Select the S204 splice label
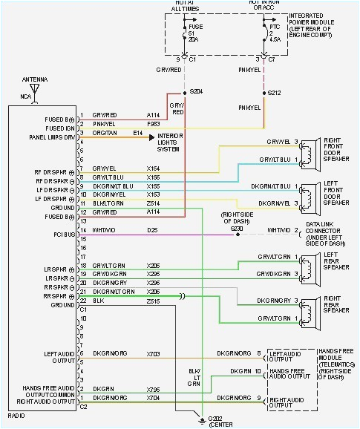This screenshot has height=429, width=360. click(x=196, y=91)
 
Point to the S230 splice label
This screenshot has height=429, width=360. click(x=237, y=229)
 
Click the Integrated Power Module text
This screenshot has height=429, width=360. click(x=320, y=24)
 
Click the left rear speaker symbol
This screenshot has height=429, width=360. click(x=307, y=265)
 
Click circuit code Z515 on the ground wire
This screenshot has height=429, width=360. click(x=153, y=301)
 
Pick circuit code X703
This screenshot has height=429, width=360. click(x=153, y=353)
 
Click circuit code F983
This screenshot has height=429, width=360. click(x=153, y=124)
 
